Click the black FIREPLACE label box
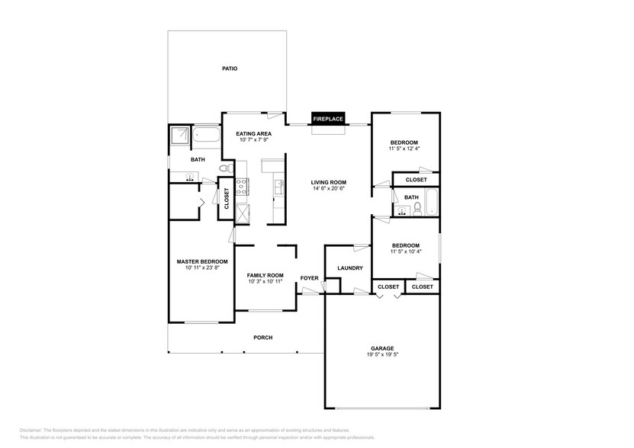coord(328,119)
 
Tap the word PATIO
coord(230,69)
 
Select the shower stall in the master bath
coord(179,136)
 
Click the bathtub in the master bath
coord(205,136)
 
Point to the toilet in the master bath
coord(224,168)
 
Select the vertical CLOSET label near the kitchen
coord(226,198)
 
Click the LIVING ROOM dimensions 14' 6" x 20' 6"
coord(329,188)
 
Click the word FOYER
coord(309,278)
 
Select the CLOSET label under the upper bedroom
coord(416,180)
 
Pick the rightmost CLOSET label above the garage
coord(421,287)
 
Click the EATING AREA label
coord(254,133)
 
